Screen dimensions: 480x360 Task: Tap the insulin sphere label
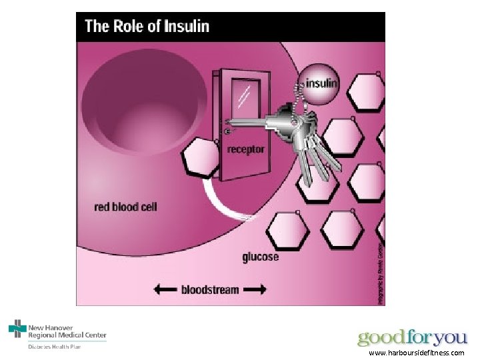click(x=321, y=84)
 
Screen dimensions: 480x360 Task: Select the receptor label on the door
click(x=246, y=149)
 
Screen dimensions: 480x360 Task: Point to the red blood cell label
click(x=125, y=207)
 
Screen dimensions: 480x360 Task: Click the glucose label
click(x=261, y=257)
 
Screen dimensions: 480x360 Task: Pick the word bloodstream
click(x=210, y=289)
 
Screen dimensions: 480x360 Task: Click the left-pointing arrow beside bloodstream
click(x=165, y=289)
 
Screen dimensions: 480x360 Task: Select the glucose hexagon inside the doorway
click(x=200, y=158)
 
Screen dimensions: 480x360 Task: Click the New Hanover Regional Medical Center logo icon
click(x=17, y=329)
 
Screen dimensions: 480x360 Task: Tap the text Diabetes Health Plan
click(x=53, y=346)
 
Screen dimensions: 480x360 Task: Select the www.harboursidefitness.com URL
click(x=416, y=353)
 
